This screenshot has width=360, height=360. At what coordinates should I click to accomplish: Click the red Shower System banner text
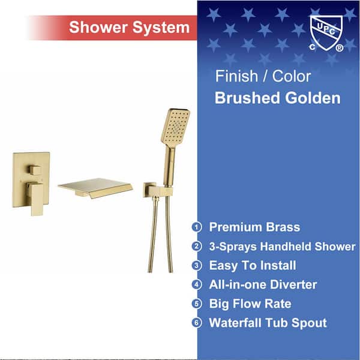pyautogui.click(x=129, y=28)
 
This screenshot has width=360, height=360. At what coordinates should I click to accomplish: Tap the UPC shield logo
pyautogui.click(x=326, y=32)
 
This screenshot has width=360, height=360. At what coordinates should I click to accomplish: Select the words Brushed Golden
pyautogui.click(x=278, y=98)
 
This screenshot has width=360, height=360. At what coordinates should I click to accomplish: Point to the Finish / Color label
pyautogui.click(x=263, y=76)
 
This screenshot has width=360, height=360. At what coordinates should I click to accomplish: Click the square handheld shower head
pyautogui.click(x=175, y=127)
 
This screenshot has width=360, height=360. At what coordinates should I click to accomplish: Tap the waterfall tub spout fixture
pyautogui.click(x=95, y=188)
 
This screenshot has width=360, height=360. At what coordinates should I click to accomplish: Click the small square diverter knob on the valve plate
pyautogui.click(x=35, y=170)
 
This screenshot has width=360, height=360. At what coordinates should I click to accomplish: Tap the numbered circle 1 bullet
pyautogui.click(x=197, y=227)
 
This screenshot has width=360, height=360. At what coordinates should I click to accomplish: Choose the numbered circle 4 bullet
pyautogui.click(x=197, y=284)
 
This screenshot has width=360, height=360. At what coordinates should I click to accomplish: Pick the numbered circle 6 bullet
pyautogui.click(x=197, y=323)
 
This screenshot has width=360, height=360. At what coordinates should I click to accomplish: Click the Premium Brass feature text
pyautogui.click(x=254, y=227)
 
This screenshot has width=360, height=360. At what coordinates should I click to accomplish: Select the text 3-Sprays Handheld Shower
pyautogui.click(x=282, y=247)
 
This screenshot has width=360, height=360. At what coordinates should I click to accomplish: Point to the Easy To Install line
pyautogui.click(x=253, y=266)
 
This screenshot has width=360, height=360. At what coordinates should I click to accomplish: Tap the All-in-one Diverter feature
pyautogui.click(x=263, y=284)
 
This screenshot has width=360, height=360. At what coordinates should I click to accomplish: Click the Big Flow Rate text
pyautogui.click(x=250, y=304)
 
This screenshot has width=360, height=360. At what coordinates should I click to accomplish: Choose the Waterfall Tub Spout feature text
pyautogui.click(x=268, y=323)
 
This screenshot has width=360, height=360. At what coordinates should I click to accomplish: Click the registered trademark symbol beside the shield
pyautogui.click(x=340, y=48)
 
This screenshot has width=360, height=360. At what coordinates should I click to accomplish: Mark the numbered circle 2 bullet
pyautogui.click(x=197, y=247)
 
